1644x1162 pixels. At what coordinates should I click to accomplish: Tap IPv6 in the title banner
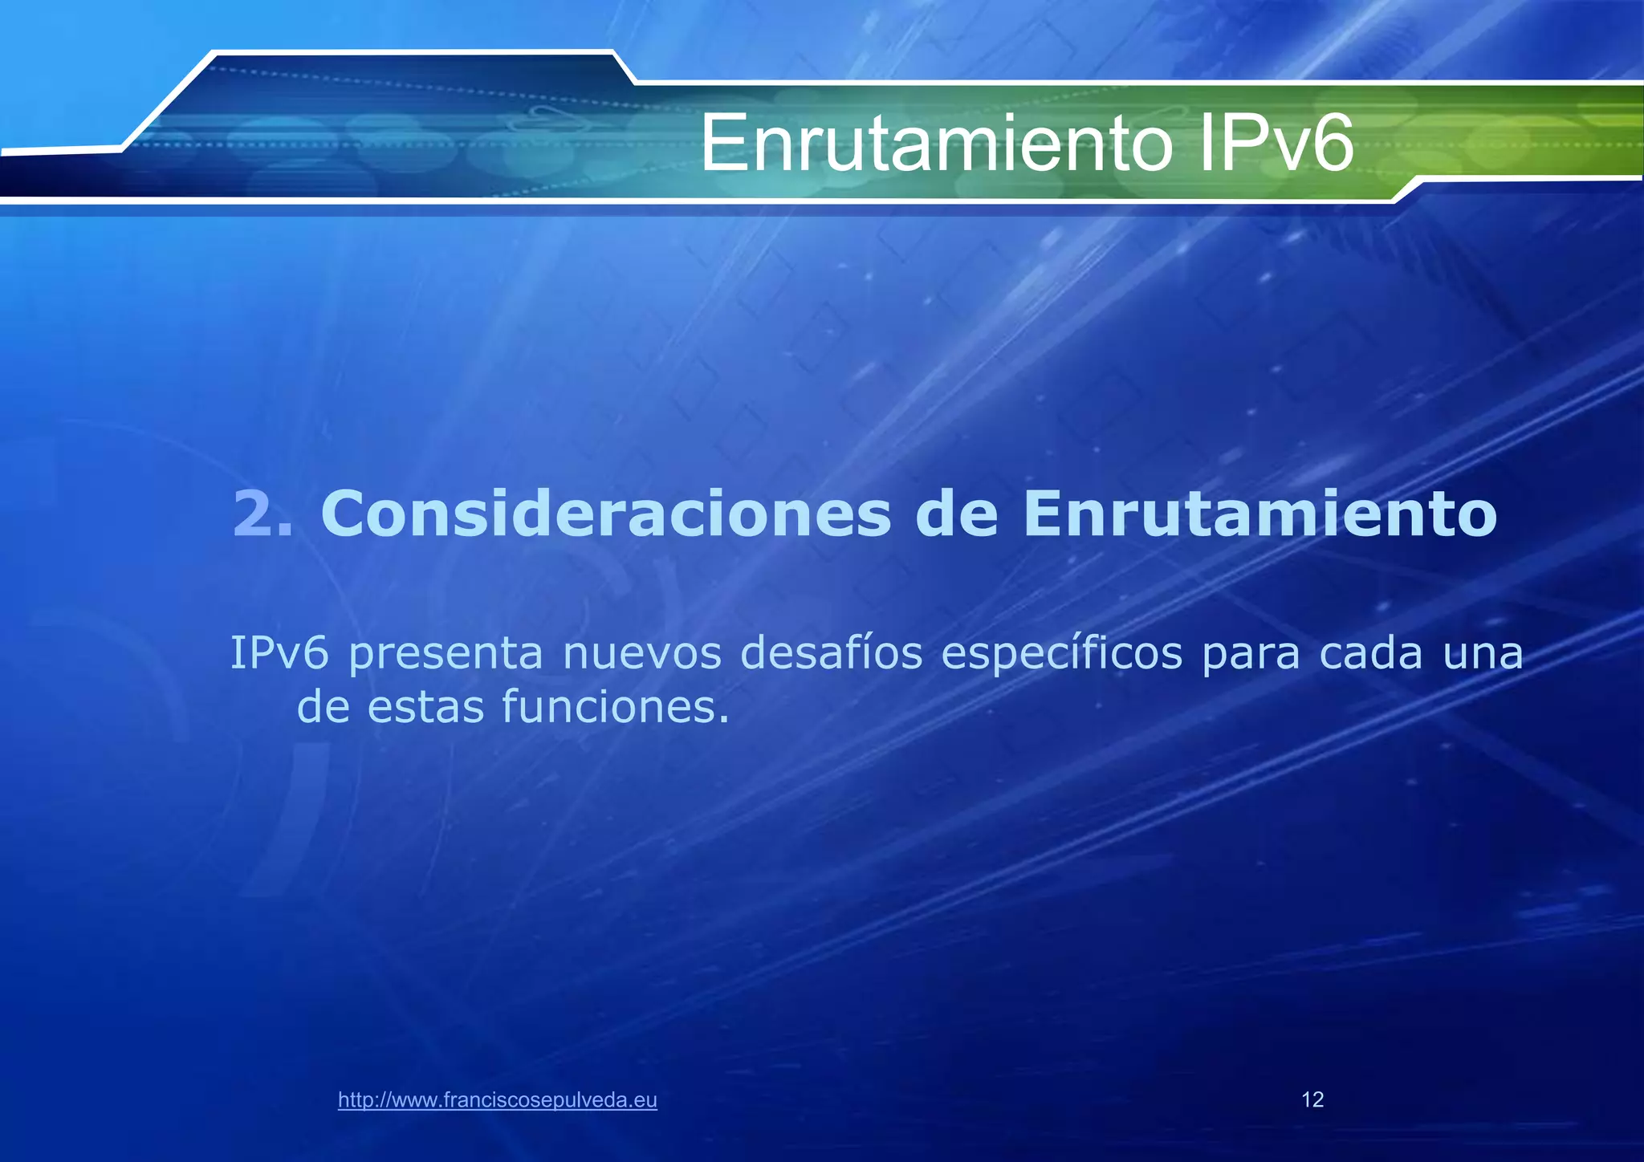pos(1276,144)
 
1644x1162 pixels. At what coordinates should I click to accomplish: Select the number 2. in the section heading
pos(263,514)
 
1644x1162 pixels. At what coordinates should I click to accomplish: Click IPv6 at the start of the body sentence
pos(279,653)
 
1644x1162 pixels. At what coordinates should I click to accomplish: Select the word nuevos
pos(642,655)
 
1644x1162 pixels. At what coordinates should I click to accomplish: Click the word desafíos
pos(831,653)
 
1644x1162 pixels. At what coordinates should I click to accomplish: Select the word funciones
pos(616,706)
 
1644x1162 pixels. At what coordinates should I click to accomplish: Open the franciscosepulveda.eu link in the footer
pos(498,1100)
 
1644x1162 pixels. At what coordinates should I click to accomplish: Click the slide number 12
pos(1312,1099)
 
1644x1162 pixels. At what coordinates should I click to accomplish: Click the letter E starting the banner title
pos(720,144)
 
